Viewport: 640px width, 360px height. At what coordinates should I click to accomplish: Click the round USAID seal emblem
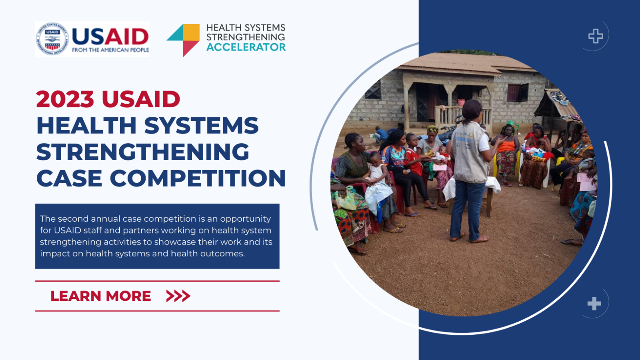click(52, 39)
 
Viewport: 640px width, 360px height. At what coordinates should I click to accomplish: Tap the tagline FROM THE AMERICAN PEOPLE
click(110, 50)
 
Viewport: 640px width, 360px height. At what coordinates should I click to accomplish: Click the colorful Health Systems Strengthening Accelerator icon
click(184, 40)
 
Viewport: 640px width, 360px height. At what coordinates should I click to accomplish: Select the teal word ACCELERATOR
click(246, 47)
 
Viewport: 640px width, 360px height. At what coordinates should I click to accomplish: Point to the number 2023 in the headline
click(65, 99)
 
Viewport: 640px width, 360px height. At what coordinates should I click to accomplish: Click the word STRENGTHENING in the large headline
click(142, 152)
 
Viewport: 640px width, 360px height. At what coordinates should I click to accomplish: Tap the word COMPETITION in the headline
click(198, 178)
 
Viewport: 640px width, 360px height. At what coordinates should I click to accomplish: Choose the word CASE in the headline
click(68, 178)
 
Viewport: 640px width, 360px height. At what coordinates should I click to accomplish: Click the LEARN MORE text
click(100, 296)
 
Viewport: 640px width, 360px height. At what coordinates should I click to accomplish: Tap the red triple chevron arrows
click(178, 296)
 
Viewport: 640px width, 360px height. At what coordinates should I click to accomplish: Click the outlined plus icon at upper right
click(596, 36)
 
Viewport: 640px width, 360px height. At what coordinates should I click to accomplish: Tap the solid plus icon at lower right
click(594, 303)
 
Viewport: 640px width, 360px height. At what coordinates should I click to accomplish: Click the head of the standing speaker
click(472, 109)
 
